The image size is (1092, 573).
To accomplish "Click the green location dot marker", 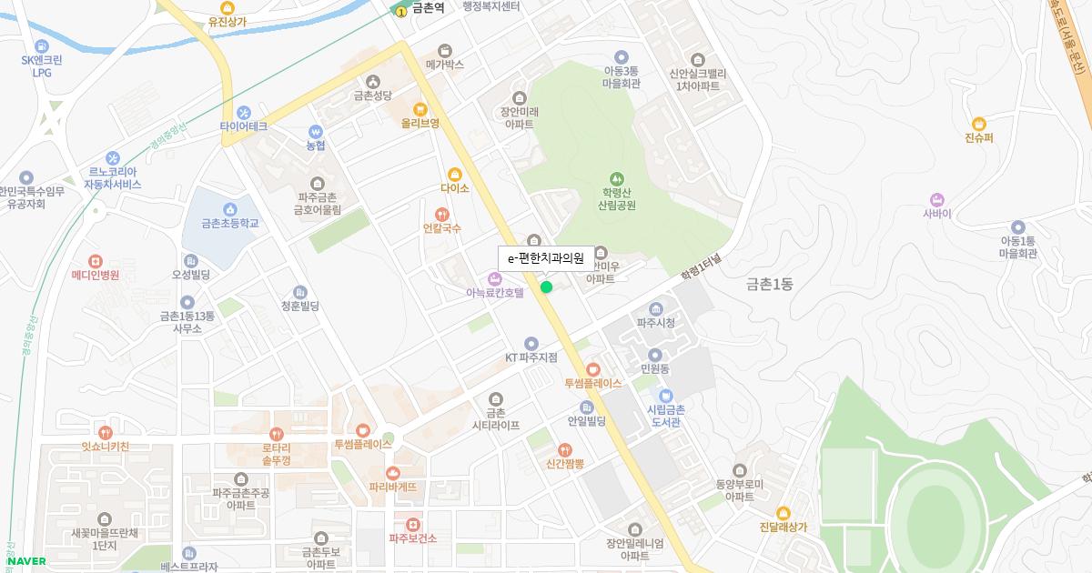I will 546,287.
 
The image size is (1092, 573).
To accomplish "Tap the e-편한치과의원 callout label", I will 544,258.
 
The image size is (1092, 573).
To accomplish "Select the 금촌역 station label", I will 427,8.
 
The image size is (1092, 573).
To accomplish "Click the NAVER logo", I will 26,561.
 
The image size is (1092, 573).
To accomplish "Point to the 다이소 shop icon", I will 455,175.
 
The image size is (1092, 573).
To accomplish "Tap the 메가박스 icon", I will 444,51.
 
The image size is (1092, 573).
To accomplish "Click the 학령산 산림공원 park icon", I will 617,178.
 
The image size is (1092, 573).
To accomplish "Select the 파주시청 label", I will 655,323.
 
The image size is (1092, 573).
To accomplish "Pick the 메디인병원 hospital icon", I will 96,260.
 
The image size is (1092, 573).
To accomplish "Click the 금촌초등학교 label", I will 230,223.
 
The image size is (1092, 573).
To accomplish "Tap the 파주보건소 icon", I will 413,525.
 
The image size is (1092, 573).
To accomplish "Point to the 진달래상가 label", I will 783,527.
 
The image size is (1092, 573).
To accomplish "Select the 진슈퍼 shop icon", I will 978,124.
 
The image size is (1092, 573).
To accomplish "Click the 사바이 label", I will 936,214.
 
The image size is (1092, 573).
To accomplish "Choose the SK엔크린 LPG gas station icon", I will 41,46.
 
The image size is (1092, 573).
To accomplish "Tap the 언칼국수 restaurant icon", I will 441,215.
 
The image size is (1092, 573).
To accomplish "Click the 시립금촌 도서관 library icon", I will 665,396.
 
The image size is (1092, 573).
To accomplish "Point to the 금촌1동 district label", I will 769,285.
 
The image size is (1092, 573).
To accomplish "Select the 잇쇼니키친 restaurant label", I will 105,446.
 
